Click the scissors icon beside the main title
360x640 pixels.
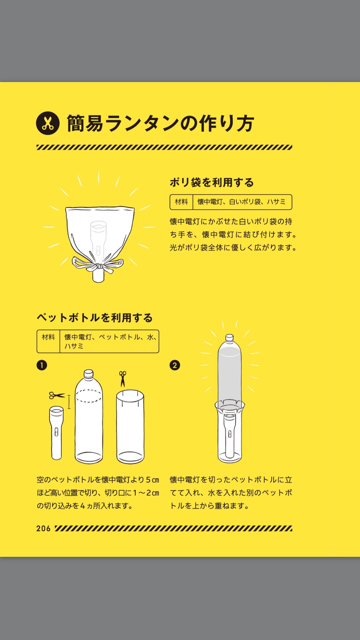(x=47, y=123)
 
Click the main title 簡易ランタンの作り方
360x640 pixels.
(x=160, y=123)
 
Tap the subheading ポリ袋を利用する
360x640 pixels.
(x=212, y=182)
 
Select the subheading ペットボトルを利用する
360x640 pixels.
(x=95, y=318)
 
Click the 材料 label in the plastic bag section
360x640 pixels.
(x=181, y=202)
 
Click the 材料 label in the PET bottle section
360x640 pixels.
(x=48, y=337)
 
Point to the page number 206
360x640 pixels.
(x=43, y=528)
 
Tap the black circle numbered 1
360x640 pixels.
(x=42, y=365)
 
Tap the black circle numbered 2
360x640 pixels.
(x=175, y=365)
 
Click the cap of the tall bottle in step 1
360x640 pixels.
(x=89, y=374)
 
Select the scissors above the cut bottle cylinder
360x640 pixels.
(x=122, y=379)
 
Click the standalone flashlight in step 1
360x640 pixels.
(x=57, y=433)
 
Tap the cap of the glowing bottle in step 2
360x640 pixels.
(x=230, y=338)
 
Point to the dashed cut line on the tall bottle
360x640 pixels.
(x=89, y=396)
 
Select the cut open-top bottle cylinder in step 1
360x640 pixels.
(x=130, y=426)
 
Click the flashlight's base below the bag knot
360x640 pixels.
(x=98, y=276)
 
